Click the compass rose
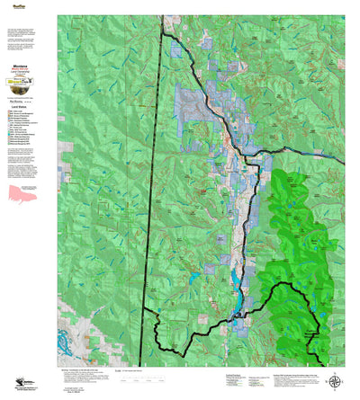pos(336,381)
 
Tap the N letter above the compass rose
pos(336,371)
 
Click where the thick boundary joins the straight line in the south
pos(144,310)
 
